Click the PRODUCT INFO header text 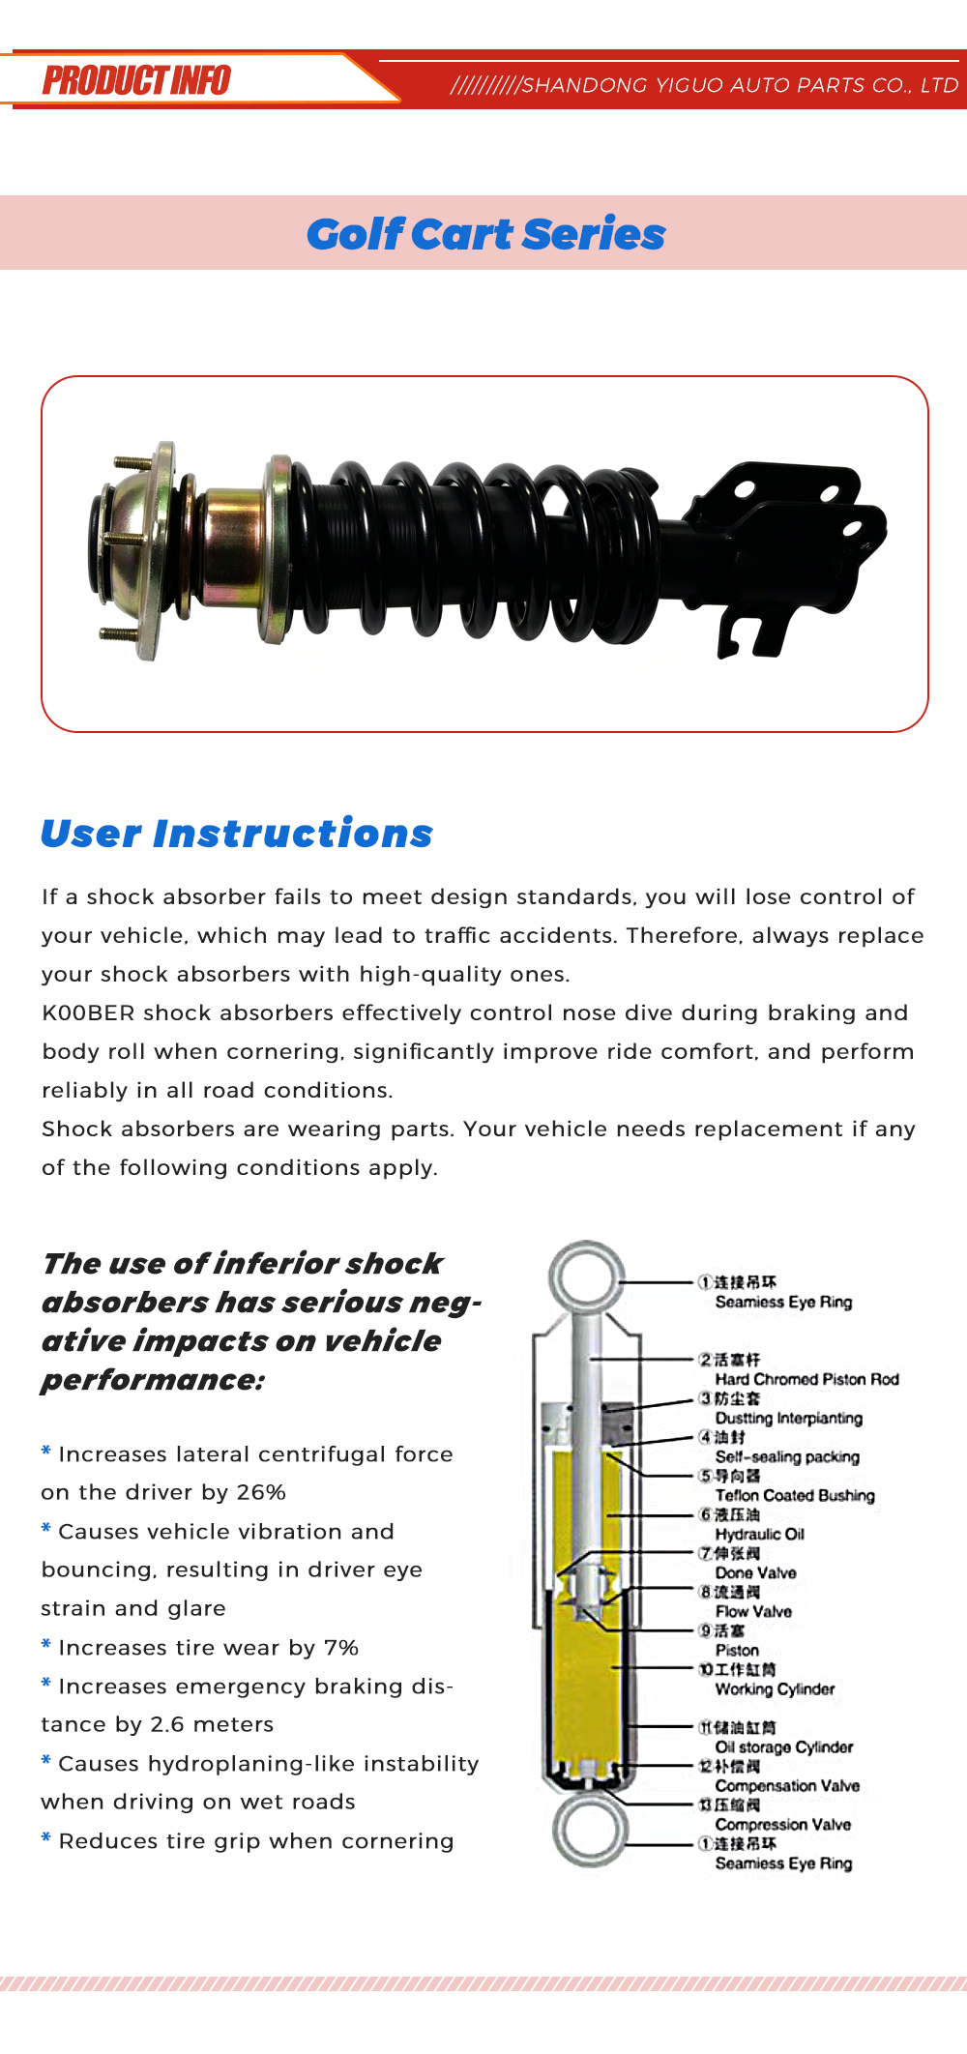coord(136,80)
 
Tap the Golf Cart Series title coord(486,234)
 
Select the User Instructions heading coord(237,834)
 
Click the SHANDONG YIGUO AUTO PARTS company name coord(740,85)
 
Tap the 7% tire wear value coord(341,1647)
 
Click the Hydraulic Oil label coord(760,1534)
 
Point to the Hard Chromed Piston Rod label coord(807,1379)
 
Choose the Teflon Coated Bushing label coord(795,1495)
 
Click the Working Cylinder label coord(775,1688)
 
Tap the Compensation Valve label coord(787,1785)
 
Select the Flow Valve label coord(753,1611)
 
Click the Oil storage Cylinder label coord(784,1746)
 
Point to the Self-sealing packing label coord(787,1456)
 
